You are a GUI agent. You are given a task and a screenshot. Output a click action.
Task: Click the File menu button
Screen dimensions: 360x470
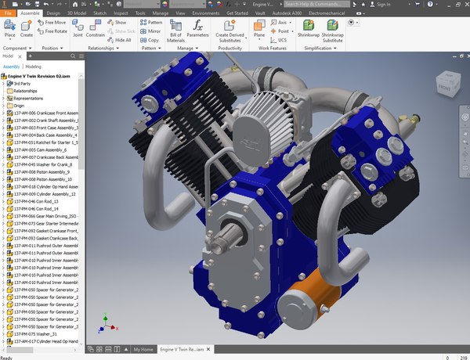(x=9, y=13)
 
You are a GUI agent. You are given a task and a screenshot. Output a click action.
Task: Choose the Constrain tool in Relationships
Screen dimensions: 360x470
(x=96, y=31)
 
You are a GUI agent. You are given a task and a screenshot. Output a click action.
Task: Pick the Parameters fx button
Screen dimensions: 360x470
(x=198, y=31)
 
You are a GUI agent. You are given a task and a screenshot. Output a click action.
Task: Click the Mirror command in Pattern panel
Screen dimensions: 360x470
(x=151, y=31)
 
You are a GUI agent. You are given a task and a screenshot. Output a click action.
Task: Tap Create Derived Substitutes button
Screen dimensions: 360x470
(x=229, y=31)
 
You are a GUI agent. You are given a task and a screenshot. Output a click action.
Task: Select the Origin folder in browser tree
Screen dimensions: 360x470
(x=19, y=106)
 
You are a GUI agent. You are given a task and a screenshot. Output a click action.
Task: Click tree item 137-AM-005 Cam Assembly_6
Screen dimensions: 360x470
(x=42, y=149)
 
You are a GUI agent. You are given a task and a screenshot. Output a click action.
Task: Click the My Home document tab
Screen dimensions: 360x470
(x=143, y=349)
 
